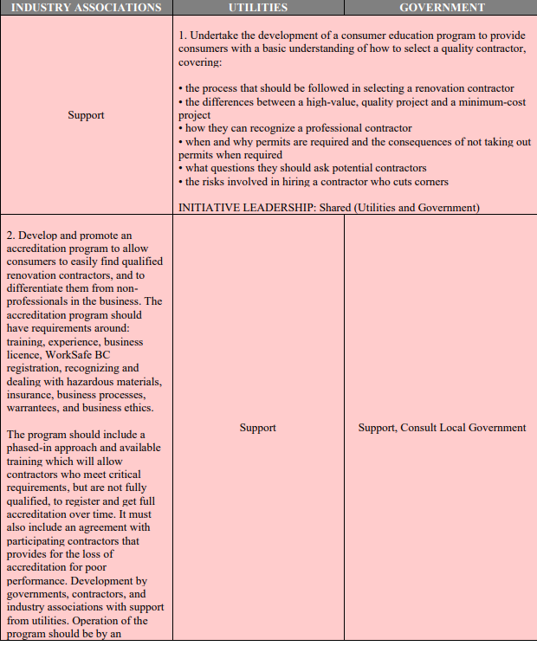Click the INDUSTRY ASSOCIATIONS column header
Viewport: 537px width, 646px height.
point(86,7)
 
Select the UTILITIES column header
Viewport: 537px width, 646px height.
point(257,7)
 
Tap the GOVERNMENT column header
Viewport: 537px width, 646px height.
point(441,7)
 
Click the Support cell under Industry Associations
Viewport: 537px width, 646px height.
point(86,115)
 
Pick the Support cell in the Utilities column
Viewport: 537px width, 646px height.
point(257,428)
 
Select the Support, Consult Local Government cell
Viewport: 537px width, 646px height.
point(442,428)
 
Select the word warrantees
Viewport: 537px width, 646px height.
point(36,409)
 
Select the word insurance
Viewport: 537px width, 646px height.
point(27,396)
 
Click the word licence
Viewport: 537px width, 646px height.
point(23,355)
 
